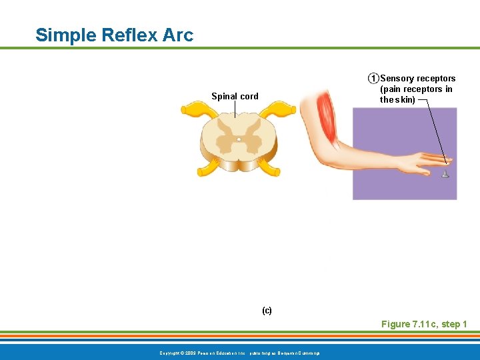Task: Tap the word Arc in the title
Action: point(177,35)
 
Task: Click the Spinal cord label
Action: point(235,96)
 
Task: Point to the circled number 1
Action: point(373,79)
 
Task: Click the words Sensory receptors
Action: point(417,79)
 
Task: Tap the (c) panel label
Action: point(267,311)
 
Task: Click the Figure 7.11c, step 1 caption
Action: point(424,324)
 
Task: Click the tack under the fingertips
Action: point(445,174)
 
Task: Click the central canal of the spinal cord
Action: point(239,139)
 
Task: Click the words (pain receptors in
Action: point(416,89)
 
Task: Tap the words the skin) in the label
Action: point(397,100)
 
